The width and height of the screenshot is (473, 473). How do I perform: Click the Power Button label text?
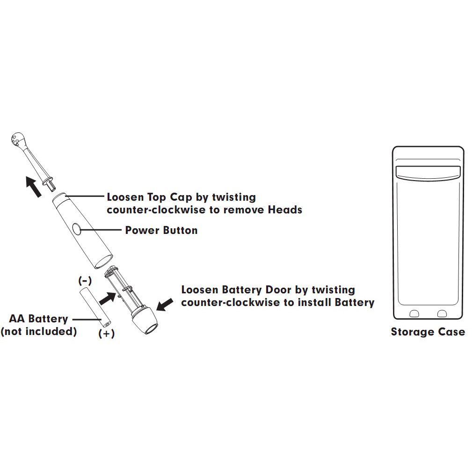pos(161,230)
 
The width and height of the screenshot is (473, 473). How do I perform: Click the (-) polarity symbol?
pos(85,281)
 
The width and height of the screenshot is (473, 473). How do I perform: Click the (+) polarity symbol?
pos(107,334)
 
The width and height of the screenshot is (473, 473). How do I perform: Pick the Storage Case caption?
pos(428,332)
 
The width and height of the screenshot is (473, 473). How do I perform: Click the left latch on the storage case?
pos(414,313)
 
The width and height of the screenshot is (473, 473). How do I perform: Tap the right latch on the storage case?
pos(441,313)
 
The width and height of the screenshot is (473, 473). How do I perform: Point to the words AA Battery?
pos(39,319)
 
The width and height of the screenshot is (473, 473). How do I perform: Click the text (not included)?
pos(38,332)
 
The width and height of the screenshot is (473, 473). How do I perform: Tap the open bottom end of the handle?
pos(103,261)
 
